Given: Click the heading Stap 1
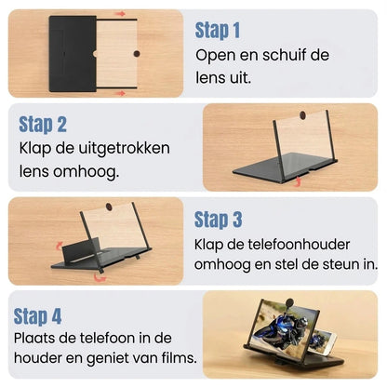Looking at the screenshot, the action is pos(218,31).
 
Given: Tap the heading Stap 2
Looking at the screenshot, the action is pos(43,125).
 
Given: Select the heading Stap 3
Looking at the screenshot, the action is pos(218,220).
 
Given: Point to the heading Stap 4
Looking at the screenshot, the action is pos(37,316).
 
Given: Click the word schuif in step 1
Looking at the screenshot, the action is pos(282,55).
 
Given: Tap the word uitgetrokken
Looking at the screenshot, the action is pos(124,149).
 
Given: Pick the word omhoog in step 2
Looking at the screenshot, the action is pos(87,171).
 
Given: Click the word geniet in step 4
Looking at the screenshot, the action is pos(106,358).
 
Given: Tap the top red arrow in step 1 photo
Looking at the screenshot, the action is pos(120,14).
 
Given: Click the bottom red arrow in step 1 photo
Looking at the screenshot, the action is pos(121,93).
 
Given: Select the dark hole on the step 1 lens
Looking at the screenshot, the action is pos(137,54).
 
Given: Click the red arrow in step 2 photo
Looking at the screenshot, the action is pos(297,181).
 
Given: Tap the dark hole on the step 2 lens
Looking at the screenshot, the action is pos(302,115).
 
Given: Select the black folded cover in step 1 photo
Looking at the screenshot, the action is pos(73,54).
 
